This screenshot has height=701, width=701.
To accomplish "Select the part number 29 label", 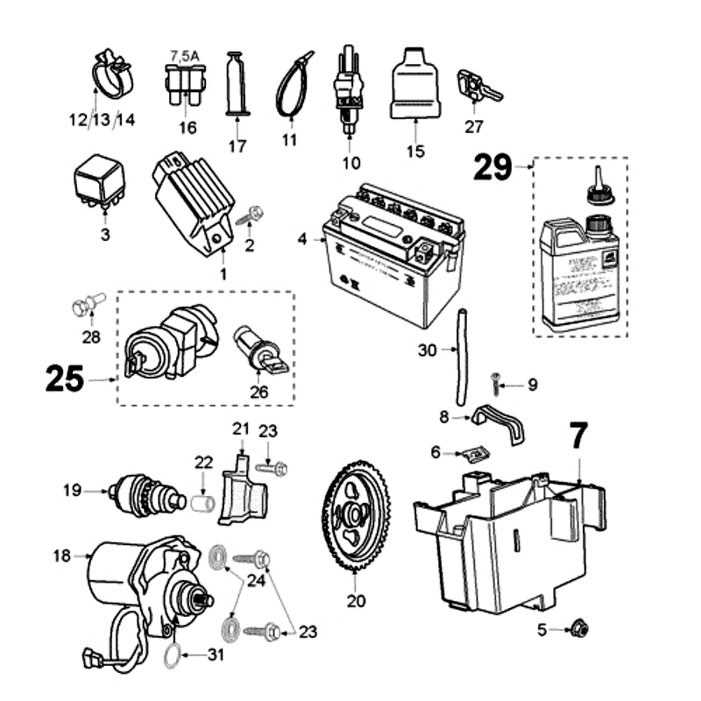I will (492, 166).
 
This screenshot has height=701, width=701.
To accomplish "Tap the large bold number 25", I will (67, 379).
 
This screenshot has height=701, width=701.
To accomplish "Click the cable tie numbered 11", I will (293, 83).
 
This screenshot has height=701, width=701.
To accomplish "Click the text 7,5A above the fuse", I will (184, 55).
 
